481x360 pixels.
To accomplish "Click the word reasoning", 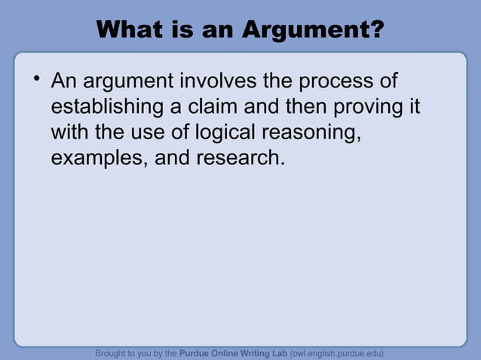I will [x=309, y=134].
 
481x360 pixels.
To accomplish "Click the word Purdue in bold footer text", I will [x=198, y=352].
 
